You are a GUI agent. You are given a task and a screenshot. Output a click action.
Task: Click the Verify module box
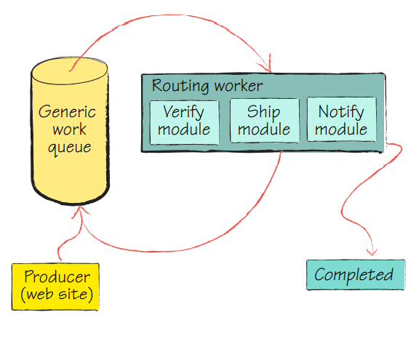pyautogui.click(x=184, y=121)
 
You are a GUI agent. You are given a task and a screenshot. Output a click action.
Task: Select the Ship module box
pyautogui.click(x=264, y=121)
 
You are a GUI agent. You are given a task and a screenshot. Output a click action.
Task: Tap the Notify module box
pyautogui.click(x=342, y=121)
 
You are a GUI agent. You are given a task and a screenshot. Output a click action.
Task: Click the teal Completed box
pyautogui.click(x=355, y=275)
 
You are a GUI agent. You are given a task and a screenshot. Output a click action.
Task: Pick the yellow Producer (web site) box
pyautogui.click(x=57, y=286)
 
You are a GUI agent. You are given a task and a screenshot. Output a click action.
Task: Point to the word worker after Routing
pyautogui.click(x=239, y=86)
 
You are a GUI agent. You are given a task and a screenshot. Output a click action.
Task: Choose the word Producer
pyautogui.click(x=57, y=277)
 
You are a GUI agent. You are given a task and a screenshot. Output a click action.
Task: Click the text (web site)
pyautogui.click(x=57, y=295)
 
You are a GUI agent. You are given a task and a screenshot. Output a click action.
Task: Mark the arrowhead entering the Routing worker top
pyautogui.click(x=270, y=71)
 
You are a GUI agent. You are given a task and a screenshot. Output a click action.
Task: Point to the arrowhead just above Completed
pyautogui.click(x=371, y=253)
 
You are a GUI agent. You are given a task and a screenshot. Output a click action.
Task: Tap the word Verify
pyautogui.click(x=183, y=113)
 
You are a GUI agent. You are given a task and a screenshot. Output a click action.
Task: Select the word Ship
pyautogui.click(x=263, y=113)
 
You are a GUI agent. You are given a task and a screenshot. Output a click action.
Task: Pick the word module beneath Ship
pyautogui.click(x=264, y=130)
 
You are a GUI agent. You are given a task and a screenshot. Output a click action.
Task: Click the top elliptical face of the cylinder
pyautogui.click(x=71, y=73)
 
